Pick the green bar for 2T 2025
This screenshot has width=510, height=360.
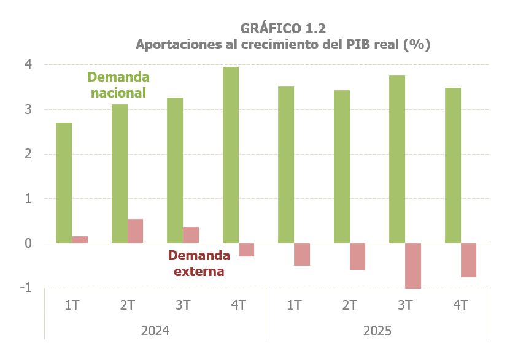[342, 166]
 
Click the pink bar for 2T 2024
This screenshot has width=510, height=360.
[135, 231]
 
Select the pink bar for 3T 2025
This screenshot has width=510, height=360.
[413, 266]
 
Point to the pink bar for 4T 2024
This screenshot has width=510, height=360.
[247, 250]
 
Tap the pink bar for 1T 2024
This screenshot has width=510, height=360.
[80, 240]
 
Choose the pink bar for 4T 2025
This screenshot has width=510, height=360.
[469, 260]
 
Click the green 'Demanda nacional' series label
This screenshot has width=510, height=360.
[118, 85]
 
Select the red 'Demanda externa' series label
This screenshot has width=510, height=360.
[199, 263]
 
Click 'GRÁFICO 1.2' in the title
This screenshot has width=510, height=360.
[283, 28]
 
